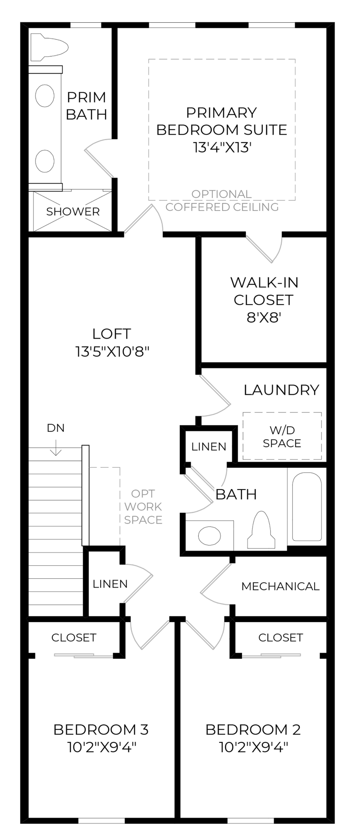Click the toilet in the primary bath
(49, 47)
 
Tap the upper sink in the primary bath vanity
(45, 96)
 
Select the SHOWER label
(73, 212)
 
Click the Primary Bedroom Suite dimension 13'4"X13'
(222, 147)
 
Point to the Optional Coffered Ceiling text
(222, 200)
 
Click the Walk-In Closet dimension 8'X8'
(264, 317)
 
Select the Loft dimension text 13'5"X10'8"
(112, 351)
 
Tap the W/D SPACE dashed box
(282, 436)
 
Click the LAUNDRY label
(281, 390)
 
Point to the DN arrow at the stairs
(56, 445)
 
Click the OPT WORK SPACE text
(143, 507)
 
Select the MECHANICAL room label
(280, 586)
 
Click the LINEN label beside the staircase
(110, 584)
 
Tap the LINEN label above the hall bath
(209, 447)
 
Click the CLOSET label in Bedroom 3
(73, 637)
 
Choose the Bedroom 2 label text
(253, 730)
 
